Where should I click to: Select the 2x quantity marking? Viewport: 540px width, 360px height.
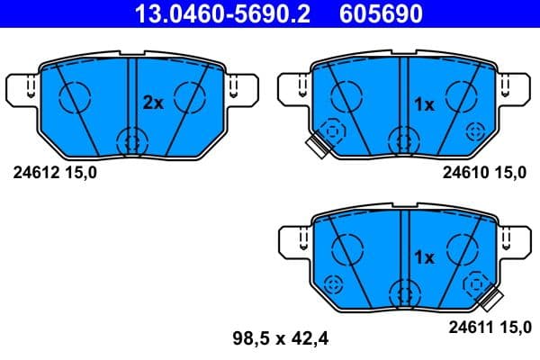pos(153,103)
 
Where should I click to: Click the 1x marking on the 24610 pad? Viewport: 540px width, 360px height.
pos(423,104)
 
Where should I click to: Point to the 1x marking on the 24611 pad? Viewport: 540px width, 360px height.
pos(423,256)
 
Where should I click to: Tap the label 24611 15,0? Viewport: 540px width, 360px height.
pos(484,329)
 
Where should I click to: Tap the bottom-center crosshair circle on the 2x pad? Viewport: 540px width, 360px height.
pos(132,140)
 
